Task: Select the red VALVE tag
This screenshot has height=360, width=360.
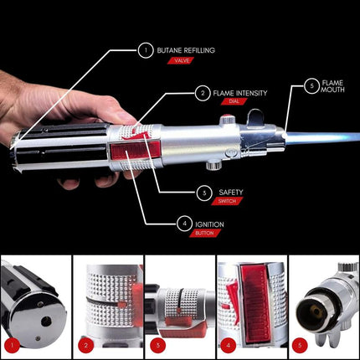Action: point(179,61)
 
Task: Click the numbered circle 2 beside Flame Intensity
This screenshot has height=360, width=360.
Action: point(202,93)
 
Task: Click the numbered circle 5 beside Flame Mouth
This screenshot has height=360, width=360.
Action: point(311,85)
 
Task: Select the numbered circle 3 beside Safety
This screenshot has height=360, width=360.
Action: point(202,193)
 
